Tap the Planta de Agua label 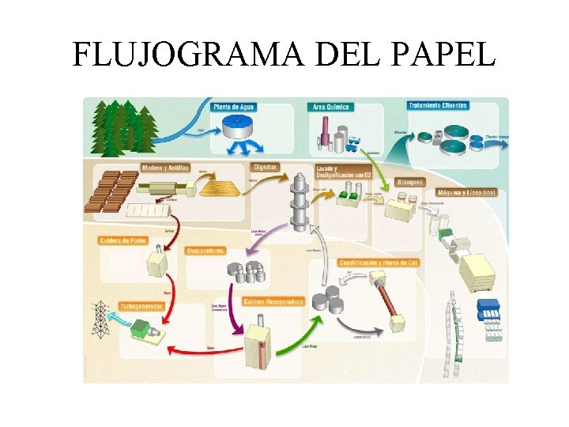[234, 107]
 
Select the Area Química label [330, 107]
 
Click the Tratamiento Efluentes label [438, 105]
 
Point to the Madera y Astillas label [165, 168]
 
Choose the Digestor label [266, 167]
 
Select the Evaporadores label [205, 251]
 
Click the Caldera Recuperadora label [273, 301]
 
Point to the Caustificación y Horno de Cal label [378, 262]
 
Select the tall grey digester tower [299, 202]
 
